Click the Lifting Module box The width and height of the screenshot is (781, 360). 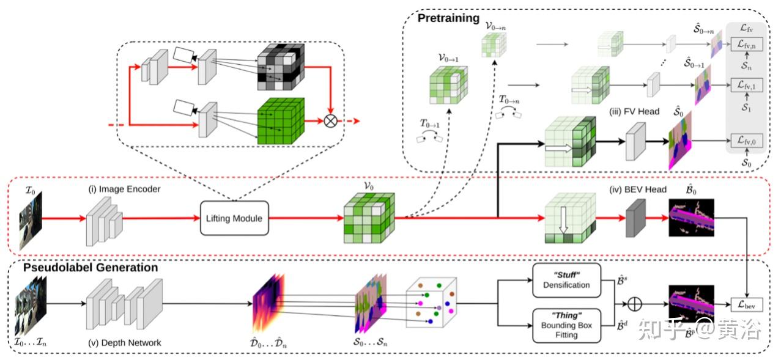pyautogui.click(x=235, y=218)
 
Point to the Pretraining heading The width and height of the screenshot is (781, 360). pyautogui.click(x=448, y=18)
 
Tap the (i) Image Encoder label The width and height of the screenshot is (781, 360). pyautogui.click(x=124, y=189)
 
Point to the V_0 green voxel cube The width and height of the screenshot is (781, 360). pyautogui.click(x=368, y=218)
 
